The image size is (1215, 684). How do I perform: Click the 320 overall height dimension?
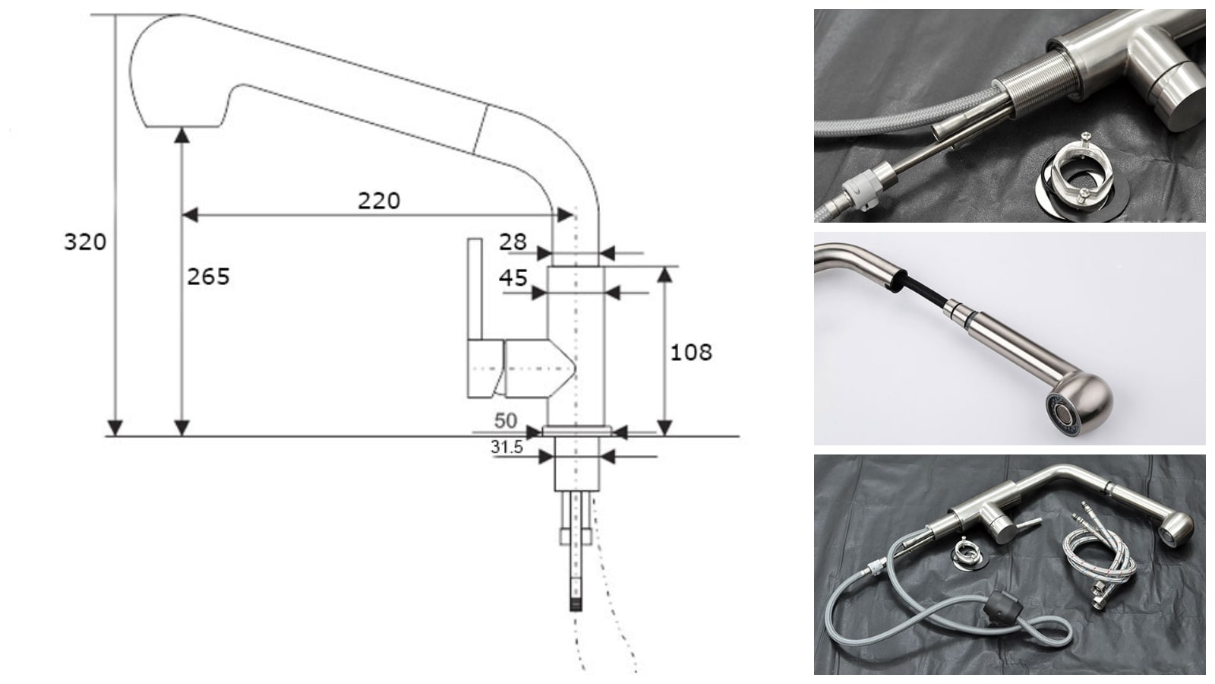coord(85,242)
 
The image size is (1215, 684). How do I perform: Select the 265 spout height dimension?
coord(208,277)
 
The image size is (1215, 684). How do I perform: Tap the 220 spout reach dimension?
coord(379,201)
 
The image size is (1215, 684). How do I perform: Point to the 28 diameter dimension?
coord(513,242)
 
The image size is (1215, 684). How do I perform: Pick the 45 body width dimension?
coord(513,278)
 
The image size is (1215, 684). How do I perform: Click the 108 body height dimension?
coord(691,353)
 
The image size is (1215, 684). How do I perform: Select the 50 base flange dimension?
coord(506,421)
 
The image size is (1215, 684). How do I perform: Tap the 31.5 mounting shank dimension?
coord(507,447)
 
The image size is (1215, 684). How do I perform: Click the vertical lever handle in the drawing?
coord(475,290)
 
